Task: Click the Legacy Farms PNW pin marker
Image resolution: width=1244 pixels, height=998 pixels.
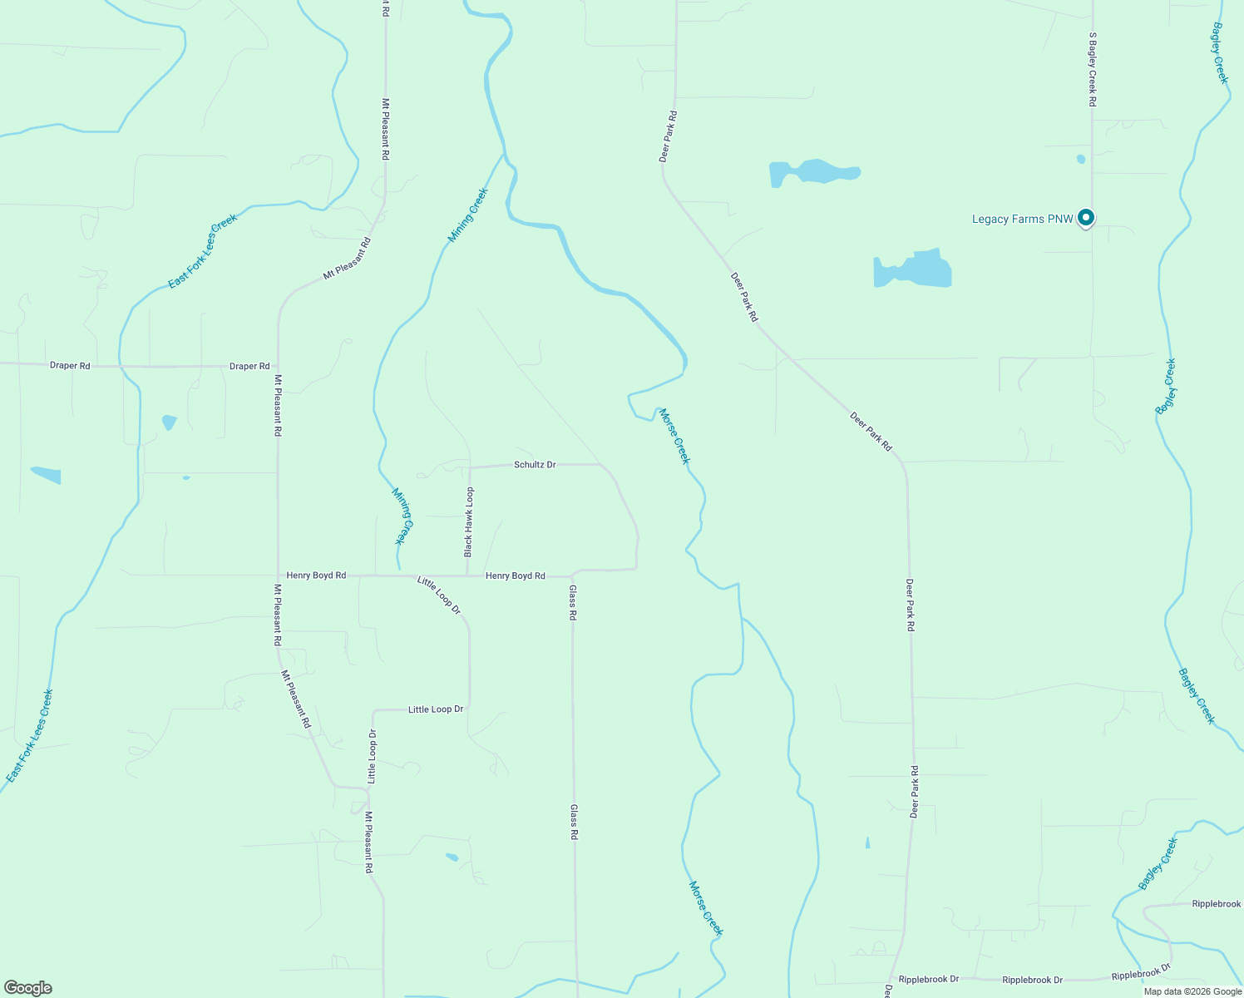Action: [x=1085, y=218]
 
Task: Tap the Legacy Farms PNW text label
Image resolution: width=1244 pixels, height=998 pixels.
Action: [x=1023, y=220]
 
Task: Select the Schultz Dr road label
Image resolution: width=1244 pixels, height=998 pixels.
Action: [x=535, y=465]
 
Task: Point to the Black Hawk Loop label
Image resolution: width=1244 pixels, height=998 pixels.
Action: [x=469, y=522]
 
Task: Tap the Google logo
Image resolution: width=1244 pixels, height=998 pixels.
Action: [x=27, y=988]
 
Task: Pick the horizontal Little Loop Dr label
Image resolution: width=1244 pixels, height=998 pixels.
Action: [x=436, y=709]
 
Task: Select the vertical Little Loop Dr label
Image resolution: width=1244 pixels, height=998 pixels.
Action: [x=373, y=756]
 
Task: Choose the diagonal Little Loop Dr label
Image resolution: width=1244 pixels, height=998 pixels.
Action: [x=439, y=595]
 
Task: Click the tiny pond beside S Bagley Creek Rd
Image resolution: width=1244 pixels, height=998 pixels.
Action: [x=1081, y=159]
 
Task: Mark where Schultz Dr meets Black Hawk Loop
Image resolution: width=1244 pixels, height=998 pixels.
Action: [x=470, y=467]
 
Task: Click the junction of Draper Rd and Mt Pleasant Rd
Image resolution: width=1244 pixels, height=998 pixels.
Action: [x=278, y=366]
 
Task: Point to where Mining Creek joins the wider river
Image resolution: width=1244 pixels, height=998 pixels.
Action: [x=504, y=155]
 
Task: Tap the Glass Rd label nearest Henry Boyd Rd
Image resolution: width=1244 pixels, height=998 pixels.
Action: [x=573, y=604]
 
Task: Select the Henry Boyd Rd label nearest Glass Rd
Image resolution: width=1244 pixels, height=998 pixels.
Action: [x=516, y=576]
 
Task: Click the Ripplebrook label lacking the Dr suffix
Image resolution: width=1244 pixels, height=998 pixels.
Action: [x=1216, y=903]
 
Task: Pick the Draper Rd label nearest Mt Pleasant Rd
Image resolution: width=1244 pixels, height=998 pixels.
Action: [x=249, y=366]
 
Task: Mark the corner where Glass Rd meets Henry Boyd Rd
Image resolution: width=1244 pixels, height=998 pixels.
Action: [x=573, y=576]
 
